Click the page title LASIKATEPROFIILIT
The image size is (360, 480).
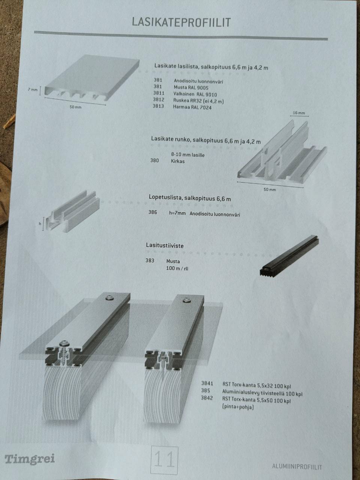click(181, 22)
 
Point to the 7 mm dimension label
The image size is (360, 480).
click(33, 90)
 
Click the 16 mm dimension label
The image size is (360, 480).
click(298, 113)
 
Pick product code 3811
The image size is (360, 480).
click(159, 93)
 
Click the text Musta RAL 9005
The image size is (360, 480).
click(191, 88)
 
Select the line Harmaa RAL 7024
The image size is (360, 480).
click(192, 107)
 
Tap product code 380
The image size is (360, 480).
click(154, 160)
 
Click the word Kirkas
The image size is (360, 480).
click(178, 161)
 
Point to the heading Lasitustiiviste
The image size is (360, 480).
click(165, 246)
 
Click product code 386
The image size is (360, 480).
click(153, 212)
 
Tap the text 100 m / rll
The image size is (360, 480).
click(177, 268)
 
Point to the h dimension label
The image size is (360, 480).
click(40, 224)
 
